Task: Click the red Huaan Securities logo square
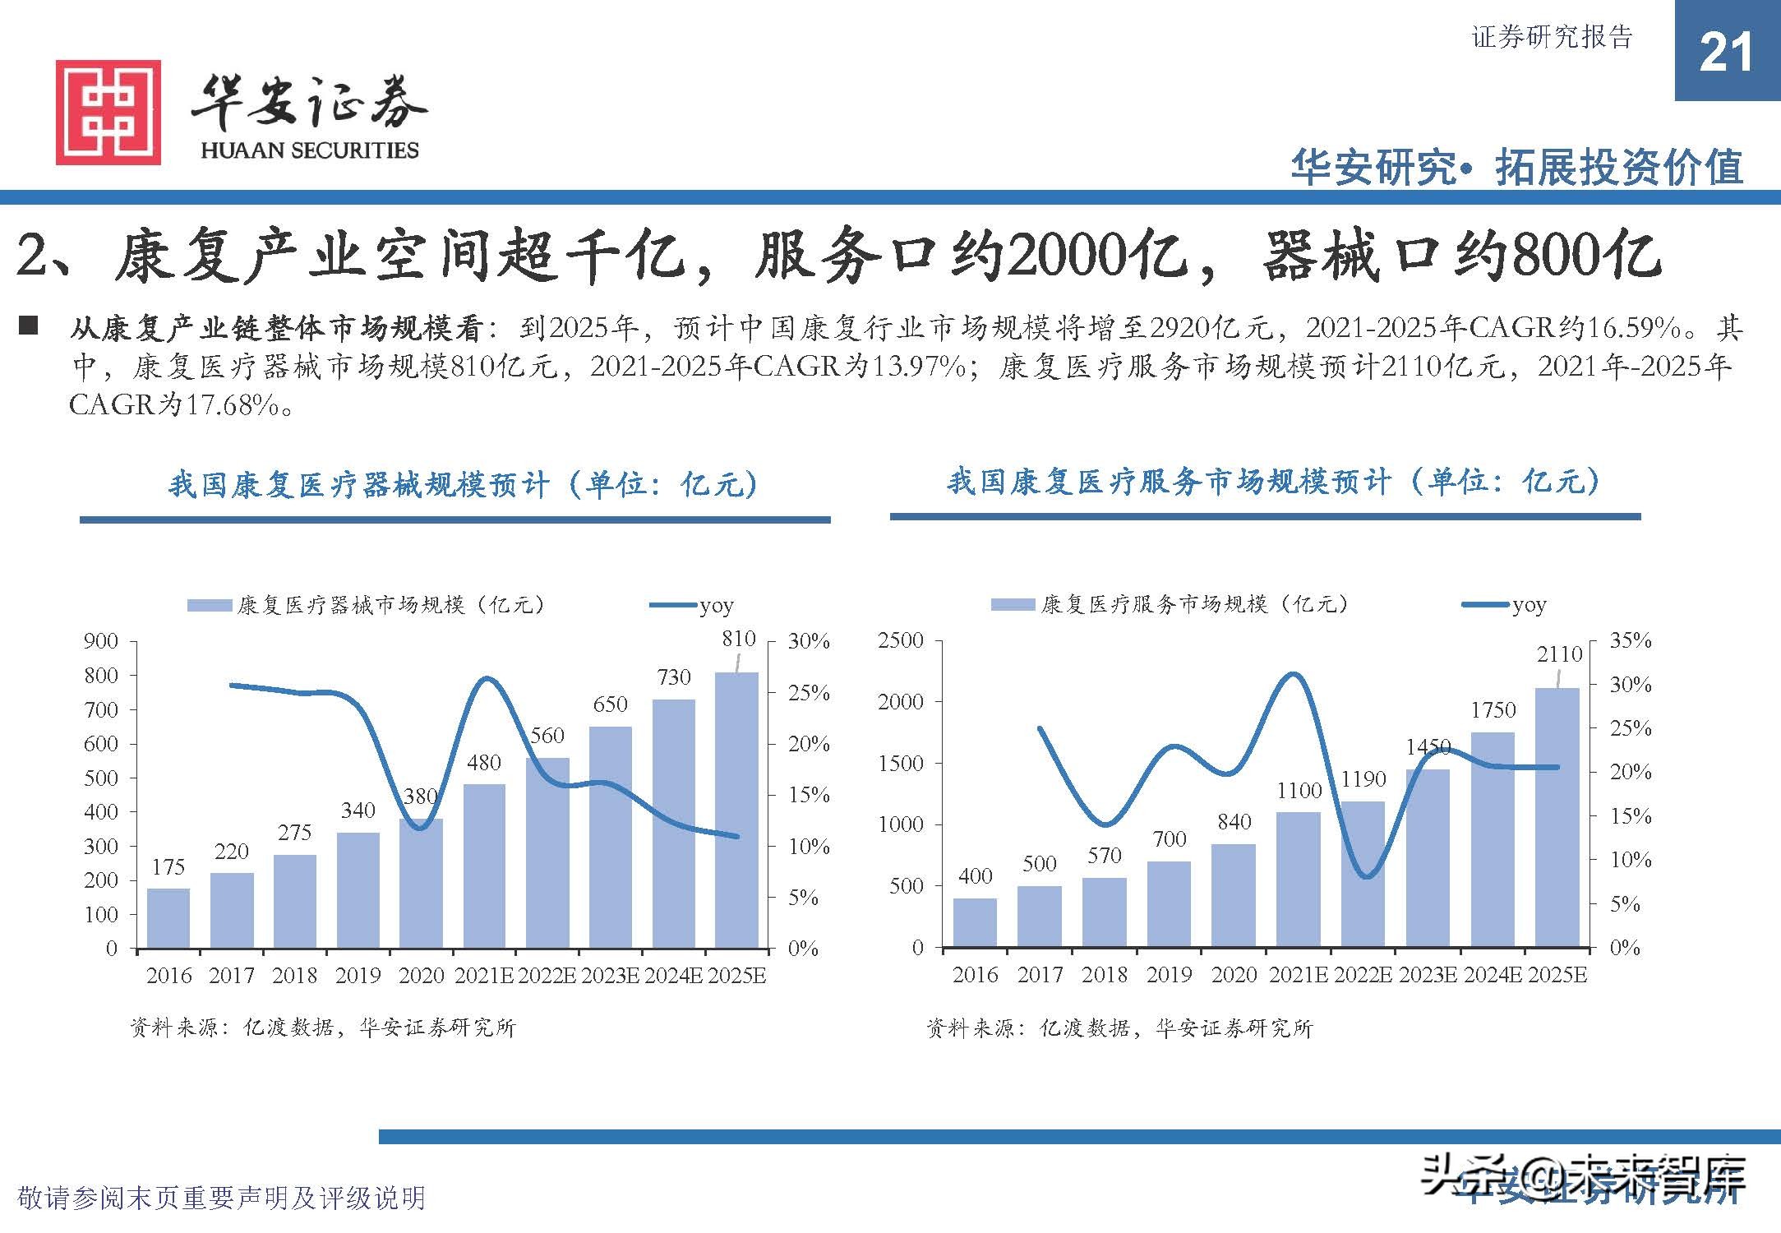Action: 108,112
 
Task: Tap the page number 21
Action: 1726,53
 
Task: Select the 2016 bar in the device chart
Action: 168,918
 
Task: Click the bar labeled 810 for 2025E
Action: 736,810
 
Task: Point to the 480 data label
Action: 483,763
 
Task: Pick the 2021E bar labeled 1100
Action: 1299,880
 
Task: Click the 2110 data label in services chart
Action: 1559,654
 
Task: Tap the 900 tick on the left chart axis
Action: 101,641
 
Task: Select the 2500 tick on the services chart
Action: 901,640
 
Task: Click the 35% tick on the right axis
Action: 1630,640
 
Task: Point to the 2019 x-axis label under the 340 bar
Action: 358,976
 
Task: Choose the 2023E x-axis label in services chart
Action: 1428,975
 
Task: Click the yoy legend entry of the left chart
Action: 692,606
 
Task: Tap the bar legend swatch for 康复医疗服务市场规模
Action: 1013,605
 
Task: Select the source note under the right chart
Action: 1119,1027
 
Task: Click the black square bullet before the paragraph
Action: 28,326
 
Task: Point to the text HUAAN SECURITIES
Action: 310,150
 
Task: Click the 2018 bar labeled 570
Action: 1105,912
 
